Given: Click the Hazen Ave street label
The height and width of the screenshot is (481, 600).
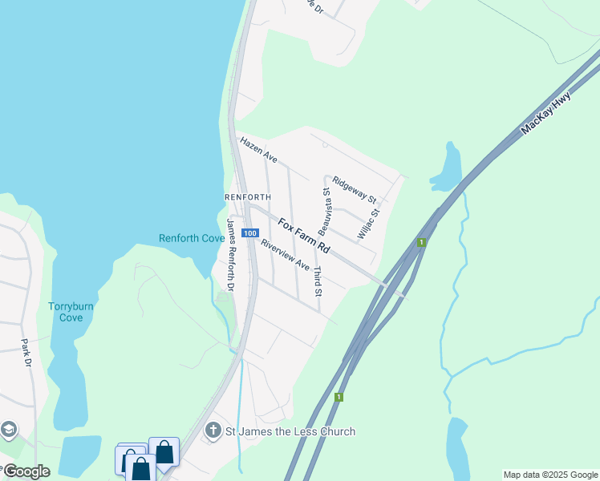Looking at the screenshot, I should [258, 150].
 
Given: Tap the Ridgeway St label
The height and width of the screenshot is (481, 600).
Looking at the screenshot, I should [355, 189].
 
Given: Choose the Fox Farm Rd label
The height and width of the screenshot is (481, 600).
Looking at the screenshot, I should [304, 233].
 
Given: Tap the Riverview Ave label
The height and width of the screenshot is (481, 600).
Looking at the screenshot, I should [285, 253].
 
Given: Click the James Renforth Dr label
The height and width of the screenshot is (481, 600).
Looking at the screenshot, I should [230, 255].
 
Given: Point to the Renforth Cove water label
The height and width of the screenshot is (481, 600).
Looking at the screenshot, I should [191, 238].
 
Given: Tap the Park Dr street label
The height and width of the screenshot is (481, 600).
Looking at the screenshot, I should [26, 354].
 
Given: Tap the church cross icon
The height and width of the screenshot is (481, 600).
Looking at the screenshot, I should [213, 431].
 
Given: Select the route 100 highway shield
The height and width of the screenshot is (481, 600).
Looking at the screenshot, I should [250, 233].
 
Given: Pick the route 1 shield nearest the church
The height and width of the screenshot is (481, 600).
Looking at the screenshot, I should [340, 397].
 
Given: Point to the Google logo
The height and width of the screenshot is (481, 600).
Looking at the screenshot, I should [26, 471].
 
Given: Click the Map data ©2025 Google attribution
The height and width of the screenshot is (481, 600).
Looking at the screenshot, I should [550, 475].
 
